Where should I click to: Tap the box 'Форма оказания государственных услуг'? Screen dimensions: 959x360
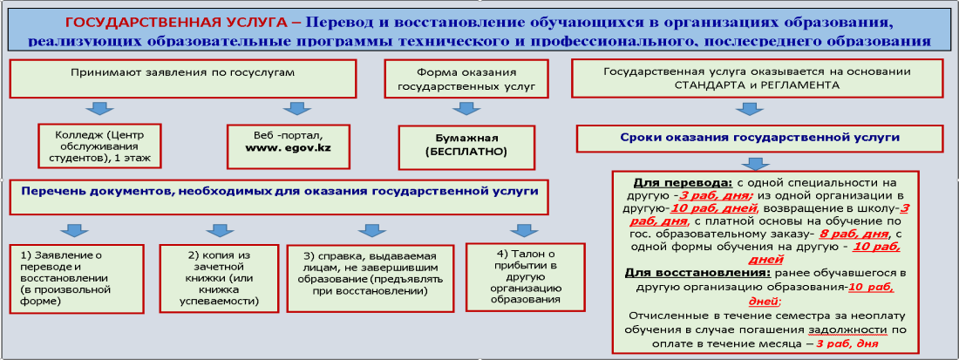coord(466,78)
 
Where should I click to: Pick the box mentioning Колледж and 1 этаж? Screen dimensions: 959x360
coord(100,146)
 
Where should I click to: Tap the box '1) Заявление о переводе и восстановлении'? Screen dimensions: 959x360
coord(77,277)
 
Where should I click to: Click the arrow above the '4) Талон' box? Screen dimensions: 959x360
coord(520,230)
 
